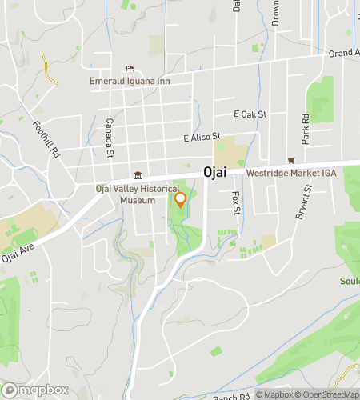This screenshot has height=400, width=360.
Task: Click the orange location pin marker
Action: click(180, 200)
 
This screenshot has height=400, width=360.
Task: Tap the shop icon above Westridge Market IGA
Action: click(291, 160)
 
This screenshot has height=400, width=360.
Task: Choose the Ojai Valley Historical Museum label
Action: click(126, 194)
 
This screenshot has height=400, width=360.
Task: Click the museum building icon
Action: click(138, 176)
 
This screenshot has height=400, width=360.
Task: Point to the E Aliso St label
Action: click(201, 138)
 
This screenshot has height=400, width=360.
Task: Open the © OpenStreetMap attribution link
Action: click(328, 394)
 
